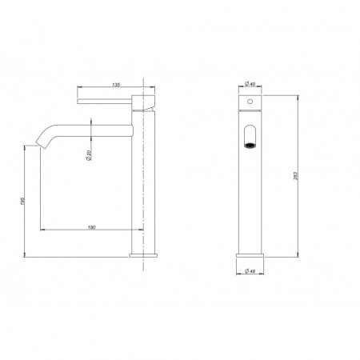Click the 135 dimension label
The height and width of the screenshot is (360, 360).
tap(116, 85)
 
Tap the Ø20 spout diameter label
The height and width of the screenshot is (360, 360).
tap(89, 155)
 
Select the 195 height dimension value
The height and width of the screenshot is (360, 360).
tap(22, 202)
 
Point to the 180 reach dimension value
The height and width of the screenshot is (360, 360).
tap(91, 227)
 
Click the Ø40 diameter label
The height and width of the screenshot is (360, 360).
tap(250, 84)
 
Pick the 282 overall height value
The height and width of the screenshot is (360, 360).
tap(295, 176)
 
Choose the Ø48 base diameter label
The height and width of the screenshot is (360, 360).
tap(250, 271)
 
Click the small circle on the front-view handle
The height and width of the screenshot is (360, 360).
tap(250, 102)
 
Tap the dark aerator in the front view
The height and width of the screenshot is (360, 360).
tap(250, 146)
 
